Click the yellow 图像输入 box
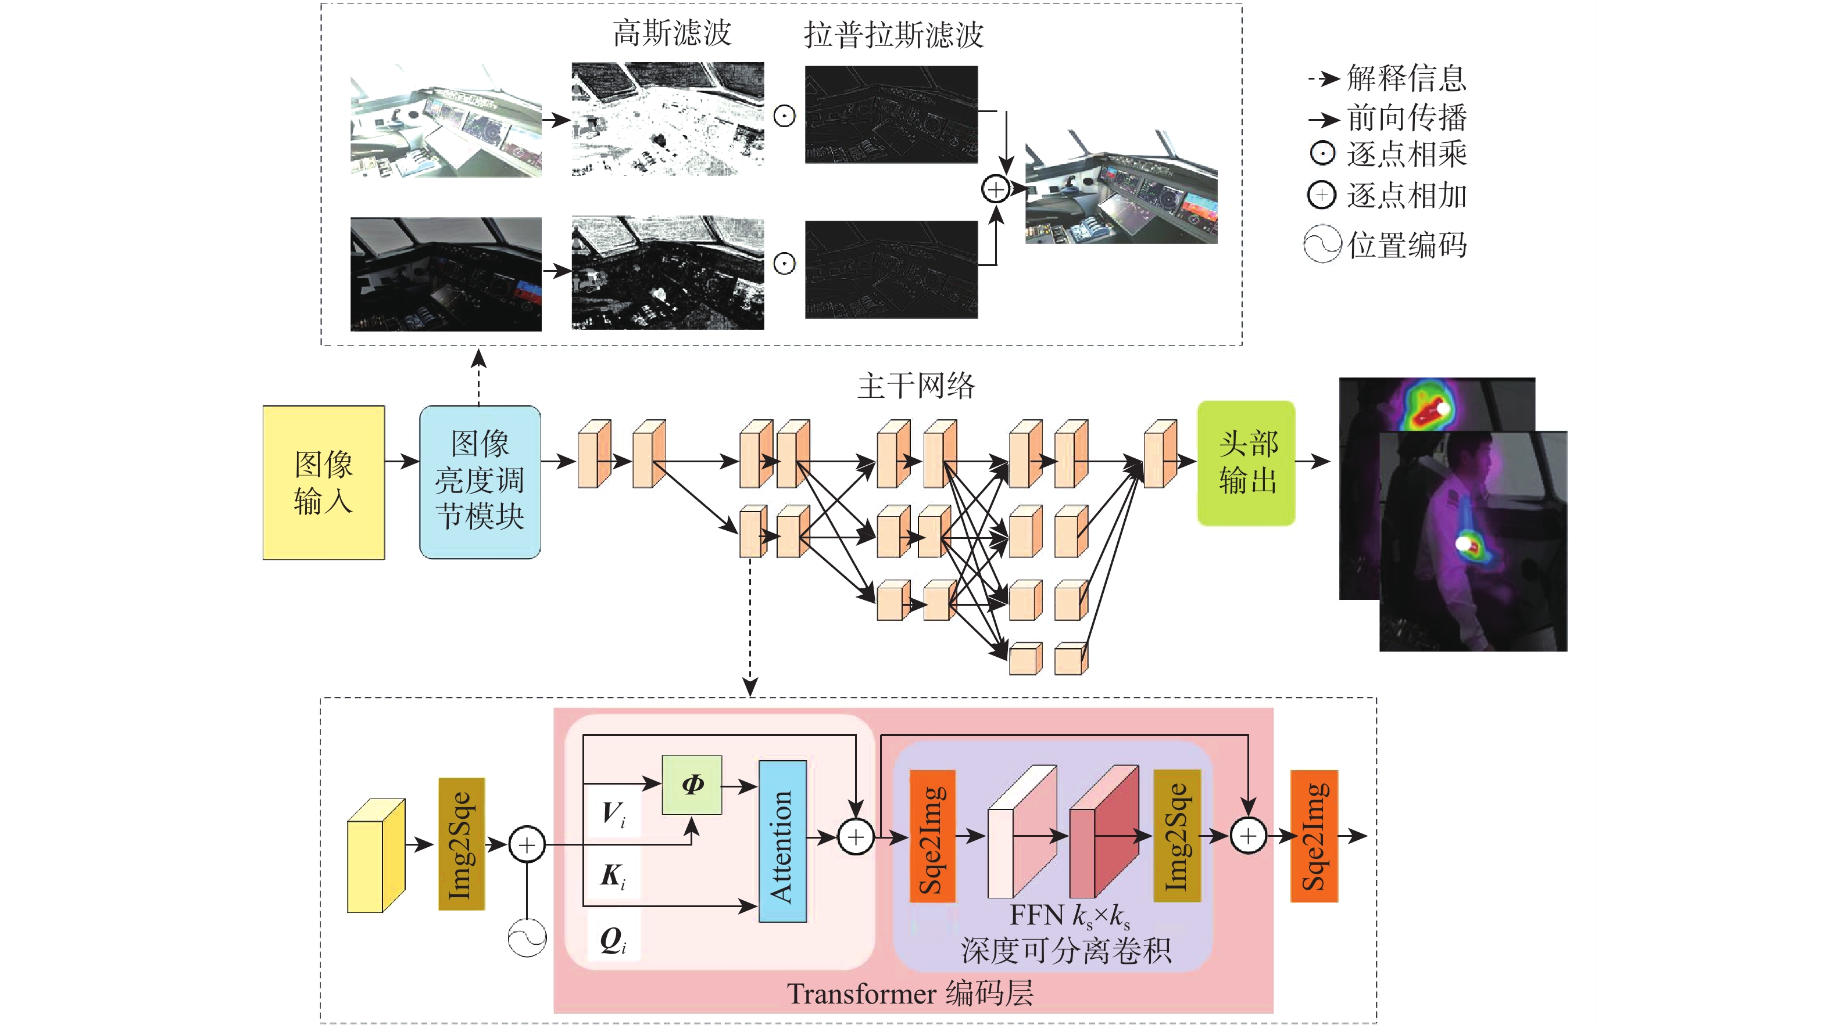(323, 483)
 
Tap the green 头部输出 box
(1246, 463)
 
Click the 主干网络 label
(915, 386)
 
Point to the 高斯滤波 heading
(672, 33)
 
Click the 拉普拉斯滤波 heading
(893, 35)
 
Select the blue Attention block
(782, 841)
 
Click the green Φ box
(692, 784)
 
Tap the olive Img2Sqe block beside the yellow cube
(462, 844)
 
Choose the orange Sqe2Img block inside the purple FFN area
(932, 836)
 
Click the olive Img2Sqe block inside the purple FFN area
(1177, 836)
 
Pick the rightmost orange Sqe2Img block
(1314, 836)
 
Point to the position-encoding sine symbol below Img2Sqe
(527, 938)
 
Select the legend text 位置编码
(1406, 245)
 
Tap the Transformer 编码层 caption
(910, 993)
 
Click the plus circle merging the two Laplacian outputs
(996, 189)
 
